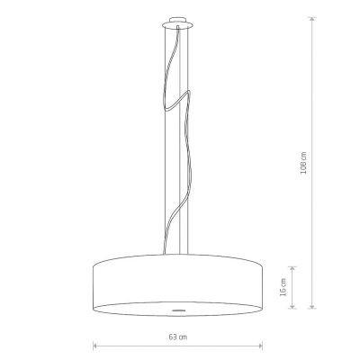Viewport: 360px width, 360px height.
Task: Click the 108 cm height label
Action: pyautogui.click(x=303, y=163)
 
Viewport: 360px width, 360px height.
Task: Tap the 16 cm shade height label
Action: pyautogui.click(x=283, y=287)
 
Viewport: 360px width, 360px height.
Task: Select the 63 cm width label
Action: pyautogui.click(x=177, y=337)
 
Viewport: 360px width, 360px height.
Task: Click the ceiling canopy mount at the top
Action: pyautogui.click(x=177, y=22)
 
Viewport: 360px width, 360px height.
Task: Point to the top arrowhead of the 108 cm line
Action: pyautogui.click(x=312, y=19)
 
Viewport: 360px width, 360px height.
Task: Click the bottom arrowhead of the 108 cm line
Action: pyautogui.click(x=312, y=306)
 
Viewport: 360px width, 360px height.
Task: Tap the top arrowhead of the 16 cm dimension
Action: pyautogui.click(x=292, y=268)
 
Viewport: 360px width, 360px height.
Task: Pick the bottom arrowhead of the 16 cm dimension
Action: pyautogui.click(x=292, y=306)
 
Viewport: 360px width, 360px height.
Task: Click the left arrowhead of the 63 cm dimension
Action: pyautogui.click(x=95, y=346)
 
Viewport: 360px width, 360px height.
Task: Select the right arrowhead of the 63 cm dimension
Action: pyautogui.click(x=261, y=346)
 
